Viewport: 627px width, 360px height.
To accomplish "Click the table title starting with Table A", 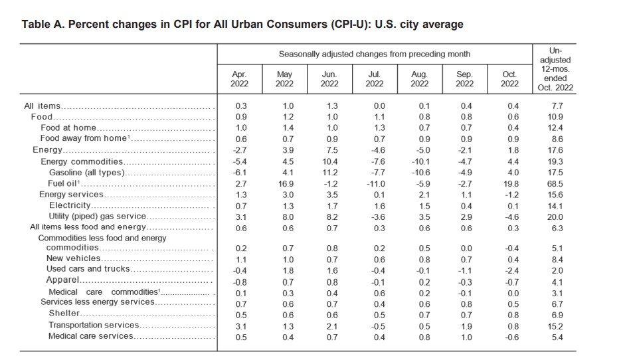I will tap(242, 25).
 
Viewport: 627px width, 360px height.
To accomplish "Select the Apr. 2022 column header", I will tap(239, 79).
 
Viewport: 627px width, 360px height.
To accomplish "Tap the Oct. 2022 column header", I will tap(509, 79).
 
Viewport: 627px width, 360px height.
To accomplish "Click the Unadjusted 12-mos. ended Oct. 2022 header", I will tap(556, 69).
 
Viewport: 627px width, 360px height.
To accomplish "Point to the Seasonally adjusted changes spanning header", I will tap(374, 54).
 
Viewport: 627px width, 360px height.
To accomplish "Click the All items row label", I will tap(43, 106).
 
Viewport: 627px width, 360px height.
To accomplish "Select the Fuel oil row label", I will tap(60, 183).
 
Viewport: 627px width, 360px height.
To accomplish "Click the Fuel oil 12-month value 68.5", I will tap(557, 183).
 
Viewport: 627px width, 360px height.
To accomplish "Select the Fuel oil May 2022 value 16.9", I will tap(284, 183).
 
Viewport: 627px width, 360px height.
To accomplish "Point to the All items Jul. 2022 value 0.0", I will tap(375, 106).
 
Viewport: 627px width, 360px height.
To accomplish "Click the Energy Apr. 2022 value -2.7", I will tap(239, 150).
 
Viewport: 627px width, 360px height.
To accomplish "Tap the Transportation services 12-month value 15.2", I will tap(557, 325).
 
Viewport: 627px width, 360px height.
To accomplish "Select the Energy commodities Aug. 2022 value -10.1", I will tap(419, 161).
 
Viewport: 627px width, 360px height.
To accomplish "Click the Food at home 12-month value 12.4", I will tap(557, 128).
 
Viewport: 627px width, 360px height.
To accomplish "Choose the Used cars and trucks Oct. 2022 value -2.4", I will tap(509, 269).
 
